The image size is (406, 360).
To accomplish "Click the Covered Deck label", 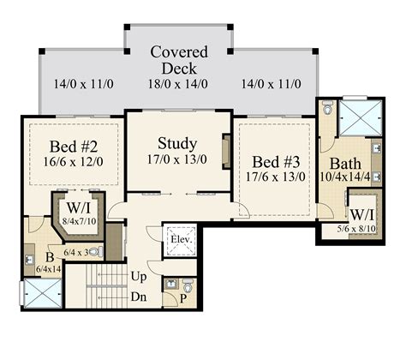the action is (179, 60).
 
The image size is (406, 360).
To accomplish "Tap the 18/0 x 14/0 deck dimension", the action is (178, 84).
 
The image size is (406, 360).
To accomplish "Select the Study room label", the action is (177, 144).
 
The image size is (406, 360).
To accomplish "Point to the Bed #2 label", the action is (74, 147).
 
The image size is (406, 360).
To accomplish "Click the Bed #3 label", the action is (276, 162).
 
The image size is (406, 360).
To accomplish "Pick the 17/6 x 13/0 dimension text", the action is (276, 177).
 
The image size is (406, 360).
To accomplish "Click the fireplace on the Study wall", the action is (226, 152).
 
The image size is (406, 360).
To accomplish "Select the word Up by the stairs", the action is (139, 277).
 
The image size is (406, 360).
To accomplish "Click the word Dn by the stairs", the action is (139, 297).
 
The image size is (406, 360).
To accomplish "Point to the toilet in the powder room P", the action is (188, 285).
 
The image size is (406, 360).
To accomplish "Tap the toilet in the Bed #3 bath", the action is (327, 108).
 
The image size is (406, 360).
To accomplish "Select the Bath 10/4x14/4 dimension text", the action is (345, 177).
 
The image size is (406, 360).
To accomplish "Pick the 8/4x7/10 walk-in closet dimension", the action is (80, 221).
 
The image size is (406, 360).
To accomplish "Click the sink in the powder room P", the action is (171, 284).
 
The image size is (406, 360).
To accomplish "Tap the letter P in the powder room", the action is (183, 299).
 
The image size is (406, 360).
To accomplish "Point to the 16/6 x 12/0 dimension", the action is (74, 162).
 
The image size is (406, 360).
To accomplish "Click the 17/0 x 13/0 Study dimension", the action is (177, 159).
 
